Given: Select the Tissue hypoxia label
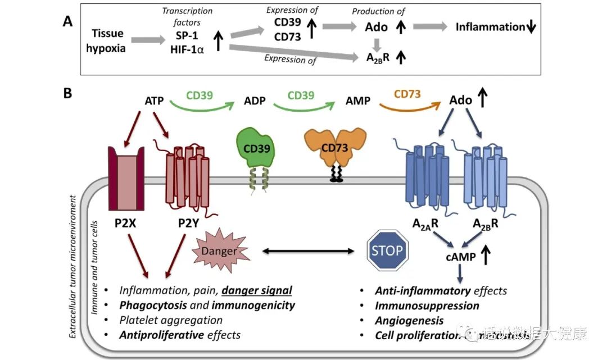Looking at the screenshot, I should [x=106, y=41].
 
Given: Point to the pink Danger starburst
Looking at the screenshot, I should [x=220, y=250].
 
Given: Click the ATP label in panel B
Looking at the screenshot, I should [x=155, y=101].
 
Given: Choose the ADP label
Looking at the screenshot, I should [x=255, y=101].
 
